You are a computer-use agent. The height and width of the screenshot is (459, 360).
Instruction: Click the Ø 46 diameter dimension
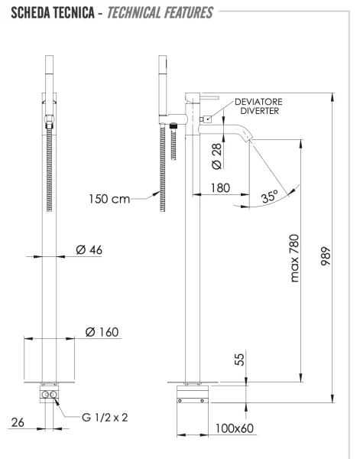pyautogui.click(x=89, y=249)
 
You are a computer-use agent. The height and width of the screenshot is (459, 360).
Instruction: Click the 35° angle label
pyautogui.click(x=268, y=197)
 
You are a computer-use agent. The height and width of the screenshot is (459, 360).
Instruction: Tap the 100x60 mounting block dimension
pyautogui.click(x=234, y=428)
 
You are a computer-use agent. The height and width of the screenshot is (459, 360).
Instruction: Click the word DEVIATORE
pyautogui.click(x=259, y=101)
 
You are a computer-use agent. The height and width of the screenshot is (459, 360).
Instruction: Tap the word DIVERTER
pyautogui.click(x=259, y=111)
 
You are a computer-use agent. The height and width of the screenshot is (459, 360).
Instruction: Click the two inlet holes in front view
pyautogui.click(x=50, y=396)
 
